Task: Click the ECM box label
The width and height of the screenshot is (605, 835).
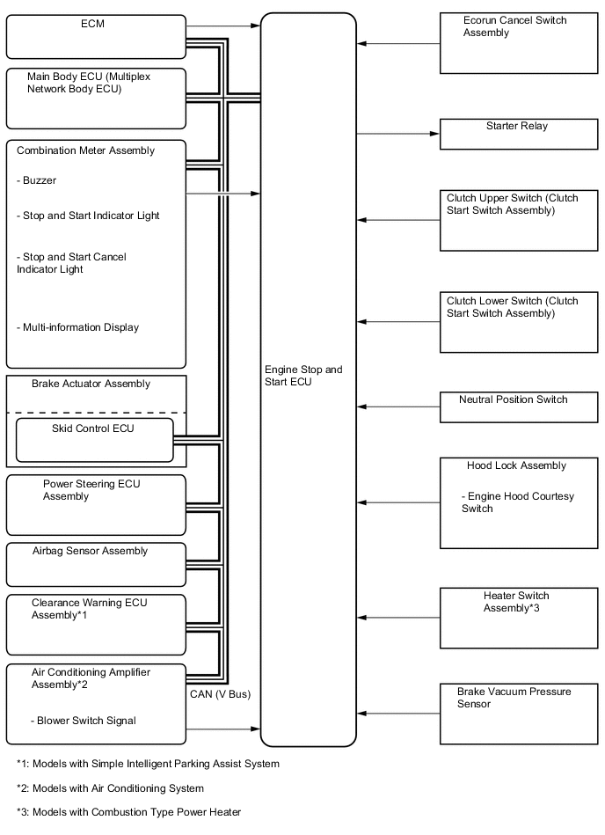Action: [x=91, y=24]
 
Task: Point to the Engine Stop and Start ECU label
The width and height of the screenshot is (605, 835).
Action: [x=303, y=376]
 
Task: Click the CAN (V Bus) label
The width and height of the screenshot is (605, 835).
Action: [x=220, y=694]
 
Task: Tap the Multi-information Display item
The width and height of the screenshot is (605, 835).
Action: [x=78, y=327]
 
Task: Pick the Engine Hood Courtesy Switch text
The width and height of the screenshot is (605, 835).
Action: [x=517, y=502]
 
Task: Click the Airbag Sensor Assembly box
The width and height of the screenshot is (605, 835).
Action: [x=96, y=564]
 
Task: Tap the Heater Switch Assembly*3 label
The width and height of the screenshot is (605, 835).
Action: [x=516, y=602]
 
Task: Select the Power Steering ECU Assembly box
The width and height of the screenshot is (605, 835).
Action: [x=96, y=505]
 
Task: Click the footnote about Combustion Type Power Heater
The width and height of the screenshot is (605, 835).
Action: [x=128, y=811]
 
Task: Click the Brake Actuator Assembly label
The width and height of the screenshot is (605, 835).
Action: [x=91, y=384]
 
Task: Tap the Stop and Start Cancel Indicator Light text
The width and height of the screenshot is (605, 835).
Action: [x=71, y=263]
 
